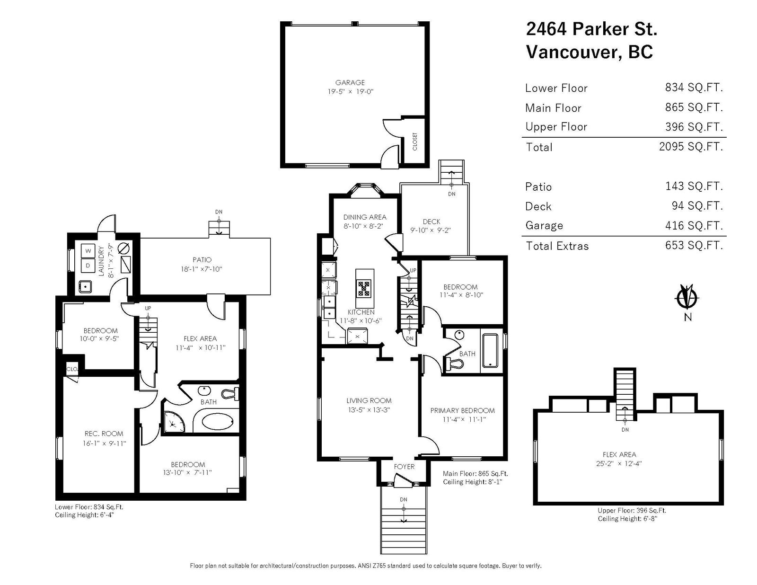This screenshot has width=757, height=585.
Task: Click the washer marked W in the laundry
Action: click(88, 250)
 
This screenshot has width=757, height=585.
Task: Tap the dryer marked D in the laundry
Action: click(88, 266)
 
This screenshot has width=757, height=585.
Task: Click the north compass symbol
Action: click(687, 298)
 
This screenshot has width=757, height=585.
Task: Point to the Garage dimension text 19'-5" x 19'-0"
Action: click(350, 92)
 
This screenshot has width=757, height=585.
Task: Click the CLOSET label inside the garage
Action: click(414, 141)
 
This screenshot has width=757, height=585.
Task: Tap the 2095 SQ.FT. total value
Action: click(691, 146)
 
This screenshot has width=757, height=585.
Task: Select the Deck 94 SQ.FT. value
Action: click(697, 205)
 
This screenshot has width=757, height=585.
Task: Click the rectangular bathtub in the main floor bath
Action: click(491, 351)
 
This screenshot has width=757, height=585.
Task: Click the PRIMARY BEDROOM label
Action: click(462, 410)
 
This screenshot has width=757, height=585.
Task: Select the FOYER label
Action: click(404, 467)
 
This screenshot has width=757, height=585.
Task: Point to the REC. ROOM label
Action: click(104, 434)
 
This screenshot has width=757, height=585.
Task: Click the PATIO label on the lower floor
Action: click(202, 259)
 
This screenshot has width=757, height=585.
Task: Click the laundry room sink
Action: click(85, 287)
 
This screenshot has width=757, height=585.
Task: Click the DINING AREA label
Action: click(365, 217)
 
